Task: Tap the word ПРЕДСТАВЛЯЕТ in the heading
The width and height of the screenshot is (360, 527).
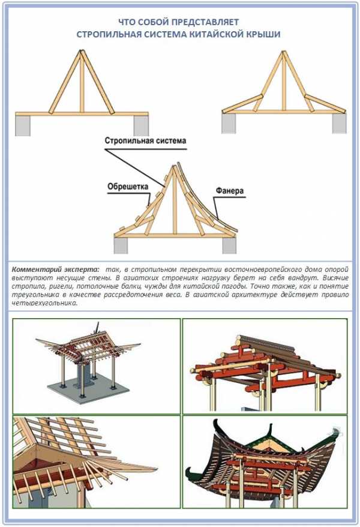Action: [x=206, y=22]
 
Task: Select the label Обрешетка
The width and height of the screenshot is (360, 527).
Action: [x=128, y=186]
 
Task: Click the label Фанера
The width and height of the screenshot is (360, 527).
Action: [x=229, y=191]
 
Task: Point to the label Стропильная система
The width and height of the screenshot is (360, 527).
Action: [x=145, y=140]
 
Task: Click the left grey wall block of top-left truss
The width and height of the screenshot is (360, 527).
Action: [x=23, y=125]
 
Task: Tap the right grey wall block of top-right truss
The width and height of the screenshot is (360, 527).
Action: [x=339, y=124]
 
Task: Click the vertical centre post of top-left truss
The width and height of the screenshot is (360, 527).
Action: [x=82, y=82]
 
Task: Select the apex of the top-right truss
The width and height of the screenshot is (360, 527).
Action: [x=284, y=52]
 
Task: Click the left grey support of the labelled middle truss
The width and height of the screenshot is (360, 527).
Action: [x=121, y=245]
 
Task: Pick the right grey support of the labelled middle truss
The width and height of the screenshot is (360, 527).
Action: [x=229, y=245]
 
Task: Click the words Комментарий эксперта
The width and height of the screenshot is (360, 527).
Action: [x=55, y=270]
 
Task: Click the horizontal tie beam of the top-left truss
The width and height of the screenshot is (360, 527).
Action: [x=82, y=114]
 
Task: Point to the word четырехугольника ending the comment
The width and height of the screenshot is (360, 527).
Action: [x=44, y=303]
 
